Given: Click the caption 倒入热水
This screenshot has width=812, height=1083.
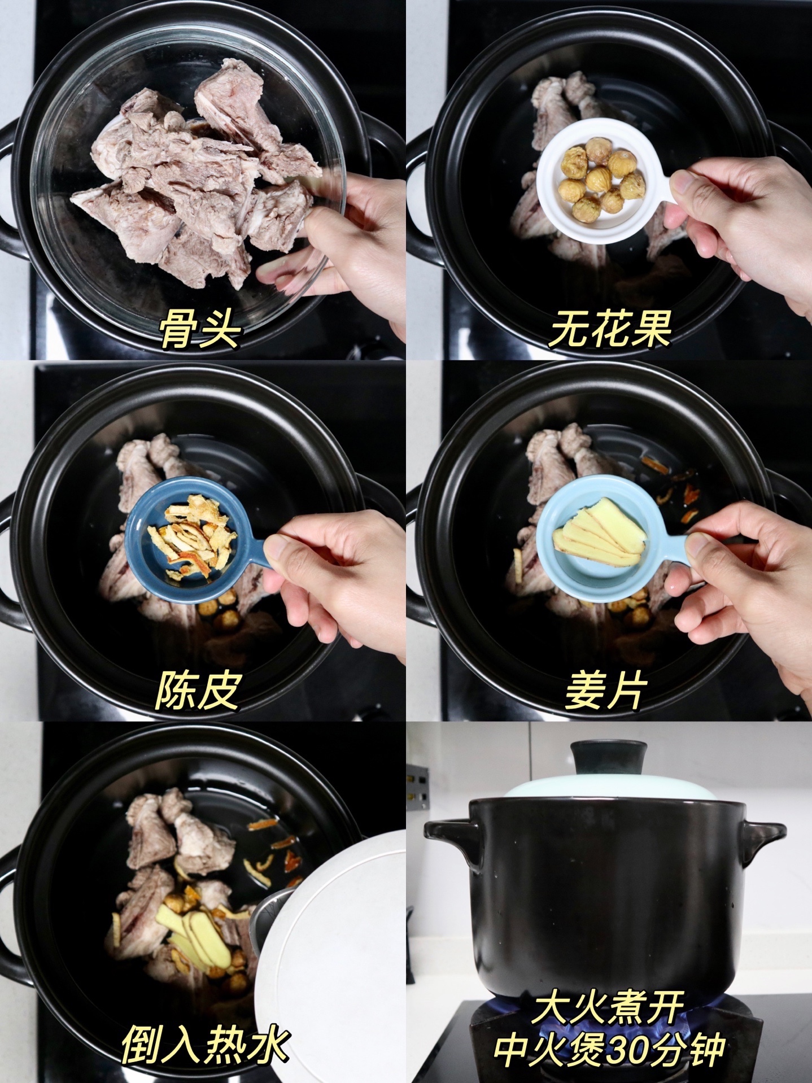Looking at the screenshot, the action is coord(206,1045).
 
